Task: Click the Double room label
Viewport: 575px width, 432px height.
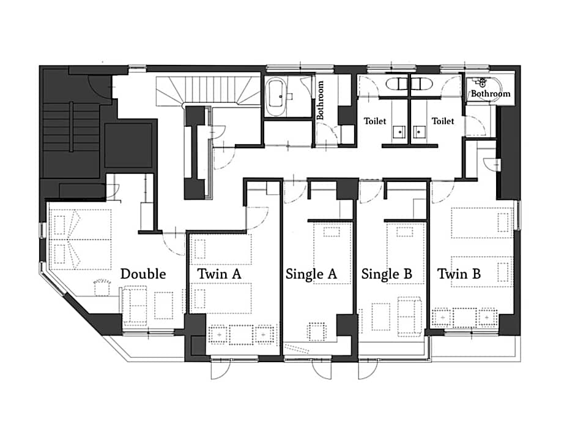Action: pyautogui.click(x=143, y=274)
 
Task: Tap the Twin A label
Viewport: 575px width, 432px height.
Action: pyautogui.click(x=219, y=274)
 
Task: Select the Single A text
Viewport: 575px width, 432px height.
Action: pyautogui.click(x=311, y=274)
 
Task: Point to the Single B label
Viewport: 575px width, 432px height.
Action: pyautogui.click(x=387, y=274)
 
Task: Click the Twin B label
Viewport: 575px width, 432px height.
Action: pyautogui.click(x=459, y=274)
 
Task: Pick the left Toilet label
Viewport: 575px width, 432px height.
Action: pyautogui.click(x=375, y=121)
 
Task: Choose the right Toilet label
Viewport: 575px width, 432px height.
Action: pyautogui.click(x=443, y=121)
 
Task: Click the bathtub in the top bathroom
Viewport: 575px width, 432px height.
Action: pyautogui.click(x=276, y=97)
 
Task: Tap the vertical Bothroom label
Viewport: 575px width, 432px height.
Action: pyautogui.click(x=320, y=100)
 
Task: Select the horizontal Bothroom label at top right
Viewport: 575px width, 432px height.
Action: pyautogui.click(x=491, y=94)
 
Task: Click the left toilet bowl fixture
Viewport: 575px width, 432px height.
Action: pyautogui.click(x=397, y=83)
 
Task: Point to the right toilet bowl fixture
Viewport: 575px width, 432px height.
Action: pyautogui.click(x=421, y=83)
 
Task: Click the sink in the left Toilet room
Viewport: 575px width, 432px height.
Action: pyautogui.click(x=399, y=132)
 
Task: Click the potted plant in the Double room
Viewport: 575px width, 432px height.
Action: pyautogui.click(x=102, y=287)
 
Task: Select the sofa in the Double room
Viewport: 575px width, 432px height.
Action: pyautogui.click(x=134, y=306)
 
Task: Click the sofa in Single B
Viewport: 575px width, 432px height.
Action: pyautogui.click(x=410, y=316)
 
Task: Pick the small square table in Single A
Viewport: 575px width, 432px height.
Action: pyautogui.click(x=317, y=332)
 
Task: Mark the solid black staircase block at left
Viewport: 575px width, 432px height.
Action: pyautogui.click(x=72, y=140)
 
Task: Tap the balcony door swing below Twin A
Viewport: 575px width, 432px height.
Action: pyautogui.click(x=221, y=369)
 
